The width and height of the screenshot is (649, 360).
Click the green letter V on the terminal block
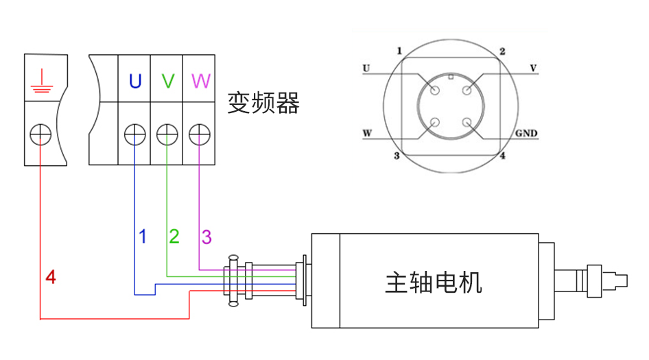click(x=167, y=82)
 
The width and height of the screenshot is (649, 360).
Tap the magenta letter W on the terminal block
click(x=200, y=82)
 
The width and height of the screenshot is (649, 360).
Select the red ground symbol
click(x=41, y=80)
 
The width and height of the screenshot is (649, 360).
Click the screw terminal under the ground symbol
click(x=41, y=134)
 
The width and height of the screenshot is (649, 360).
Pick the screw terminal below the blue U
click(x=134, y=134)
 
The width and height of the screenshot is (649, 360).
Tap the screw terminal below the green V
click(x=167, y=134)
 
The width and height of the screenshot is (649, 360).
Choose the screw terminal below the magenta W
click(x=199, y=134)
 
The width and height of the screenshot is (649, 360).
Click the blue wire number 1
click(x=143, y=237)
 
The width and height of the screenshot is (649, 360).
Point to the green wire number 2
click(x=174, y=237)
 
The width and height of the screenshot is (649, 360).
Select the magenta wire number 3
click(x=206, y=237)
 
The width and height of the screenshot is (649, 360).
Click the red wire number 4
click(x=51, y=278)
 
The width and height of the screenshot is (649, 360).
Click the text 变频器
click(x=263, y=104)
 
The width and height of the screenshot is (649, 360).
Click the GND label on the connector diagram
click(x=526, y=132)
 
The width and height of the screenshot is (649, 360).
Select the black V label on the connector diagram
click(x=533, y=68)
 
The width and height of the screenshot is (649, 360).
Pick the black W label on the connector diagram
click(x=368, y=132)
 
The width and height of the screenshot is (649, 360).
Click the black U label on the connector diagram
click(x=366, y=68)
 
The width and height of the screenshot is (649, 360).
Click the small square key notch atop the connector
click(x=451, y=77)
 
